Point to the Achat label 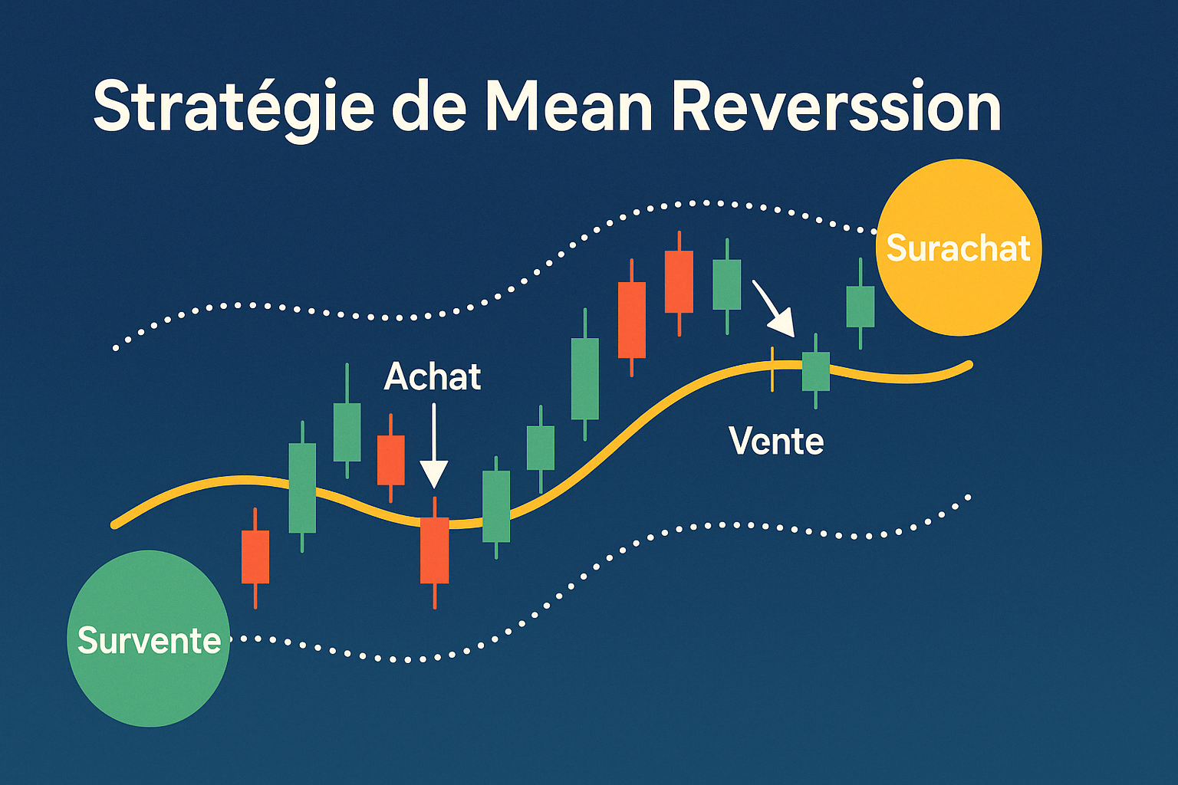click(433, 376)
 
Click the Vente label click(776, 441)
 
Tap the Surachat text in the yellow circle click(958, 248)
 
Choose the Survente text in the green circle click(149, 640)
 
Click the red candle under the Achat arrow click(434, 550)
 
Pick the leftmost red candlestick click(255, 557)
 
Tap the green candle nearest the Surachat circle click(860, 307)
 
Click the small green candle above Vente click(815, 371)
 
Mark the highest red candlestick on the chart click(679, 281)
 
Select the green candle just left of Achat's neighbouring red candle click(347, 432)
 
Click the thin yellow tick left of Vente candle click(772, 369)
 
